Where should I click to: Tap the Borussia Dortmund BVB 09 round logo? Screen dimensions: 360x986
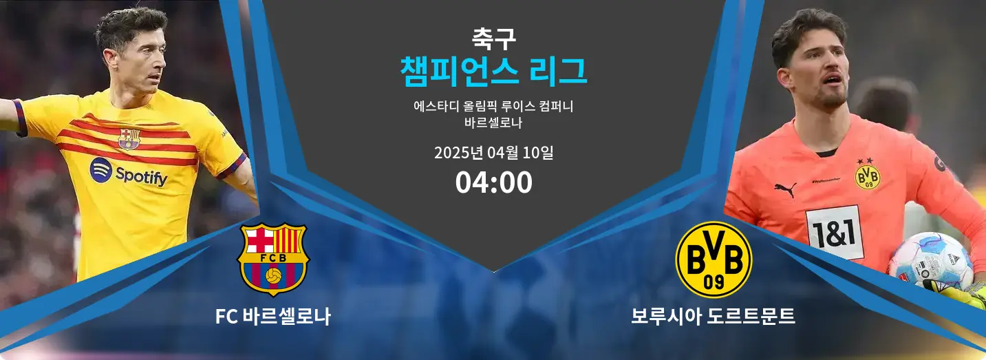pos(714,260)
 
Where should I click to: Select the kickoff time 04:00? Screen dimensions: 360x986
pos(493,182)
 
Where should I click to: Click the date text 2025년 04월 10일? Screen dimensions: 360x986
pos(493,152)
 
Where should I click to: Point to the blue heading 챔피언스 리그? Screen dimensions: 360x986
pos(493,72)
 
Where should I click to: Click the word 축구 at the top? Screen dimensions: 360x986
pos(493,38)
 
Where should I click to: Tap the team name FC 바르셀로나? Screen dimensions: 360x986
pos(273,317)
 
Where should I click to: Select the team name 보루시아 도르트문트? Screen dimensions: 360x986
pos(714,317)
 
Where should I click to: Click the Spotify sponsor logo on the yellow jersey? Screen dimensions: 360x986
pos(129,173)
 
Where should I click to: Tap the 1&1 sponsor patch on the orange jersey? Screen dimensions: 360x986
pos(834,231)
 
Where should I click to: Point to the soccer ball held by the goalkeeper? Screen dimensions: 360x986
pos(930,260)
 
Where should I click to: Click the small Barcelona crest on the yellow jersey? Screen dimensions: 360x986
pos(129,138)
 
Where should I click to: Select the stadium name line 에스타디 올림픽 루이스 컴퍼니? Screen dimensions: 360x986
pos(493,107)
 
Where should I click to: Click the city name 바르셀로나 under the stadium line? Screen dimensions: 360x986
pos(493,125)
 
